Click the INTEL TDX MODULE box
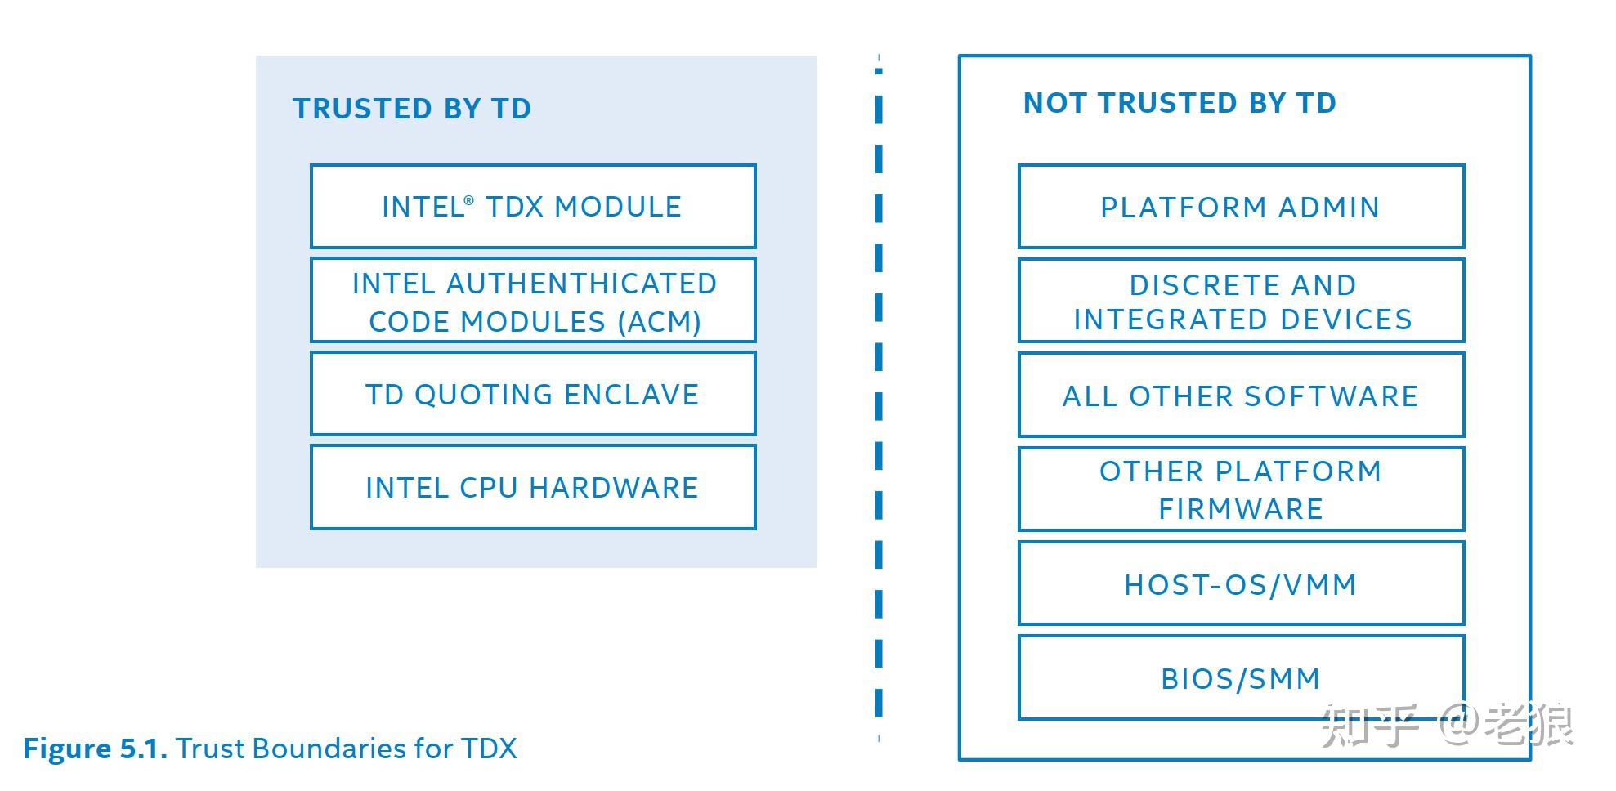[x=532, y=207]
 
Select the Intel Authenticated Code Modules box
[x=532, y=301]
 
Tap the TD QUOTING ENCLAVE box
[x=532, y=394]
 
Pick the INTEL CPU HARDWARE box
[x=532, y=488]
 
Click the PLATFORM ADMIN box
[x=1240, y=207]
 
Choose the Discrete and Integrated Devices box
[x=1240, y=301]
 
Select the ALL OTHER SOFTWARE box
[x=1240, y=395]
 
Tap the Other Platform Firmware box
[x=1240, y=489]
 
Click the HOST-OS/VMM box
[x=1240, y=583]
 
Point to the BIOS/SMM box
[x=1240, y=678]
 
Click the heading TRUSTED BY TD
[x=412, y=109]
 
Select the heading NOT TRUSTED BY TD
[x=1180, y=103]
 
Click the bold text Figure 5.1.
[x=95, y=749]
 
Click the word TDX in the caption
[x=489, y=749]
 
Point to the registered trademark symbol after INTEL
[x=468, y=200]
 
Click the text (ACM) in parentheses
[x=659, y=322]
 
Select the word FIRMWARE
[x=1240, y=509]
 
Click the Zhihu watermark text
[x=1447, y=724]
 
